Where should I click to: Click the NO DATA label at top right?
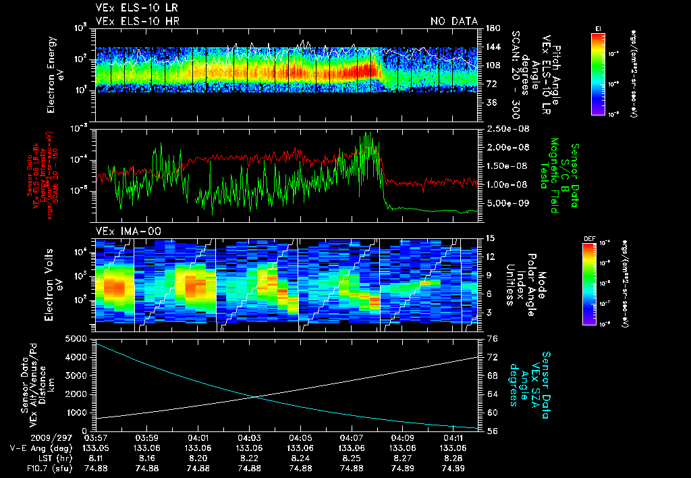(x=453, y=21)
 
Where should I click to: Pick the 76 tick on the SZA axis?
(x=492, y=338)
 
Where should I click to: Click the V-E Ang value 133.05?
(x=95, y=448)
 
